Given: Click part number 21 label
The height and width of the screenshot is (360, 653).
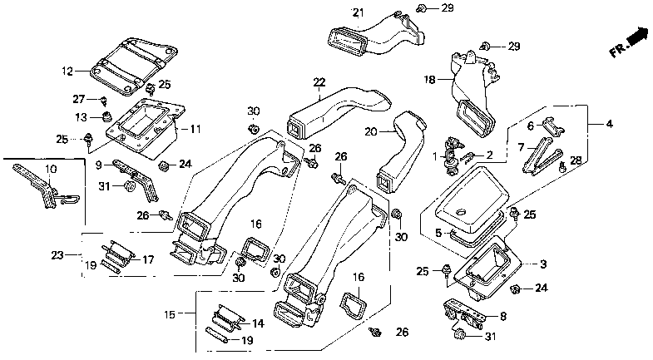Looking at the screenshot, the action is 359,13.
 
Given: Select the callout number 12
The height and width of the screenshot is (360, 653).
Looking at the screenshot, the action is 67,72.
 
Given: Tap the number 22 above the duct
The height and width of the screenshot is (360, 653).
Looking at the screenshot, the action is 319,82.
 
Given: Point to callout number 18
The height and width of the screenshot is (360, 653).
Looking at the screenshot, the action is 429,79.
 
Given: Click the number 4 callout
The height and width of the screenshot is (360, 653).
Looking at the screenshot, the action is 609,124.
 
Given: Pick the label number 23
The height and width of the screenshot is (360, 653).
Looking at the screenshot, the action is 57,254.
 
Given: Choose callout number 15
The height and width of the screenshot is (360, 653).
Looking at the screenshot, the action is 170,314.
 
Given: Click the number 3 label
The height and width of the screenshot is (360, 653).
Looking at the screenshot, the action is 543,264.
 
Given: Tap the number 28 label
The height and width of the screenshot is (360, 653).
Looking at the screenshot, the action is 576,160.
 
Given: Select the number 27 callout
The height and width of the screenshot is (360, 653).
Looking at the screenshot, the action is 79,99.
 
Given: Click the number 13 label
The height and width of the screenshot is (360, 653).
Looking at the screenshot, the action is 82,117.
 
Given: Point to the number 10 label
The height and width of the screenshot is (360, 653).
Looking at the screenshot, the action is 51,169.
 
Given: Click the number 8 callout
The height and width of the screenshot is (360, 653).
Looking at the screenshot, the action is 503,316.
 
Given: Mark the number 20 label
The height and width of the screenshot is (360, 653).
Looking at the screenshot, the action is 371,132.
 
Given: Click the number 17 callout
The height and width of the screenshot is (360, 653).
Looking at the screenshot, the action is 148,259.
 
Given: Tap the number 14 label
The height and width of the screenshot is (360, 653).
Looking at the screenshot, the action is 258,323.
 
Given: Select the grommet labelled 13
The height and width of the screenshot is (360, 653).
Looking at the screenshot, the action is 108,117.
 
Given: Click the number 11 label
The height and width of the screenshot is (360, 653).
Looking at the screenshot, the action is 195,129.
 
